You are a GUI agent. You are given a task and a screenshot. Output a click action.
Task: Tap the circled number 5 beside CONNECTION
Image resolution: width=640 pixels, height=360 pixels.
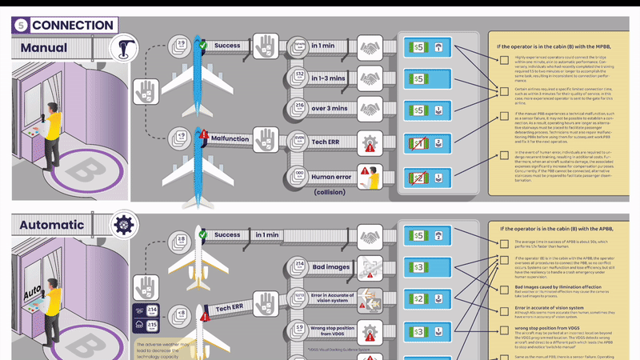21,25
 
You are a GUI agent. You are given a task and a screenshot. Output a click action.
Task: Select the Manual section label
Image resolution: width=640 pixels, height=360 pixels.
44,47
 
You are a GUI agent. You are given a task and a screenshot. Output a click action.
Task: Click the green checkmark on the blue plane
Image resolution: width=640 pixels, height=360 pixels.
203,45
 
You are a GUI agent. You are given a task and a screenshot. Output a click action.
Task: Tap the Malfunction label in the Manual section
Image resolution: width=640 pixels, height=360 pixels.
230,138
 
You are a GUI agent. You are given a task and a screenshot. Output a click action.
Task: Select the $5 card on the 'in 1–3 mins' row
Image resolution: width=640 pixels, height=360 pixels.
418,79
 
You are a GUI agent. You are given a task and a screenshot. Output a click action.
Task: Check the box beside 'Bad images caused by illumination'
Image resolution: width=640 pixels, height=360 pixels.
504,292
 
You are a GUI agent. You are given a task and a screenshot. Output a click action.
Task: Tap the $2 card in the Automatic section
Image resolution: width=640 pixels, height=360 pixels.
418,298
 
